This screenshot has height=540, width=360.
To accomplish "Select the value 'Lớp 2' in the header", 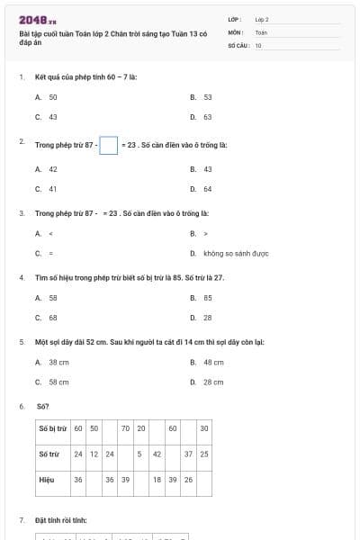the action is tap(262, 18).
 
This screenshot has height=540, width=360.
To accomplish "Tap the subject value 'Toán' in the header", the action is tap(261, 31).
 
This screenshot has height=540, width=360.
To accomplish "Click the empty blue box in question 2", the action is tap(108, 144).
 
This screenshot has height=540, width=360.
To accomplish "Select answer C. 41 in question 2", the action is tap(52, 189).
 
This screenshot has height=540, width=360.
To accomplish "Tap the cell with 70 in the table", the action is tap(126, 428).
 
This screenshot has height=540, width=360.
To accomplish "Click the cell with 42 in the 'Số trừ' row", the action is tap(157, 454).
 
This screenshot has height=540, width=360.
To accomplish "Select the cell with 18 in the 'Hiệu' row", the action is tap(157, 480).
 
